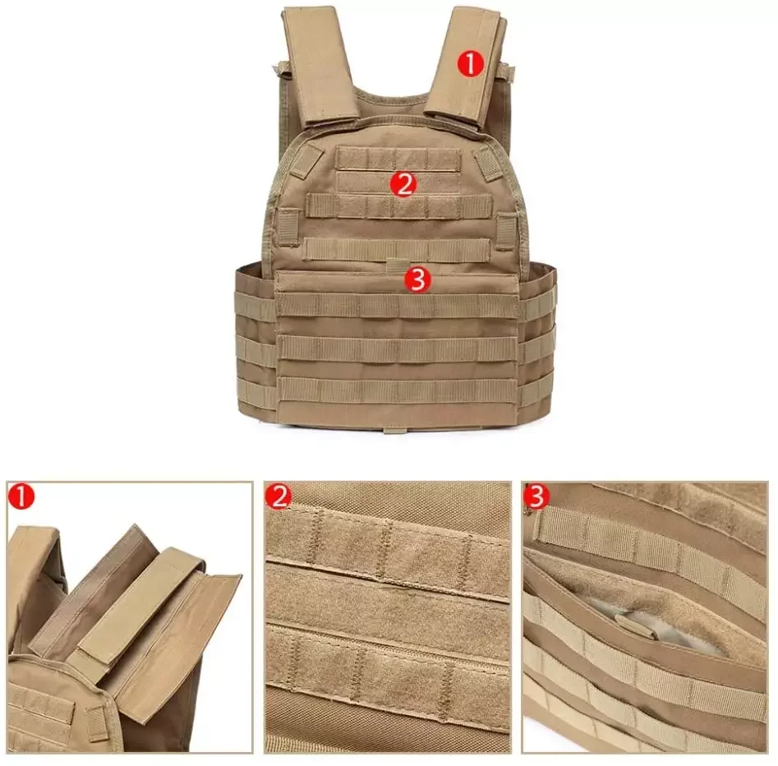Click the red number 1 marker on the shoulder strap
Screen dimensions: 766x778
point(470,64)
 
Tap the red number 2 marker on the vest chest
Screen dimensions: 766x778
point(403,184)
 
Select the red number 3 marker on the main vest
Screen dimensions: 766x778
point(417,280)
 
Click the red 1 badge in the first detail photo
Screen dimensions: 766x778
point(21,497)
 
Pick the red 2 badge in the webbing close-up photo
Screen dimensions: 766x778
point(279,496)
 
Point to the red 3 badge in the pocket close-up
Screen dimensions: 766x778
point(536,496)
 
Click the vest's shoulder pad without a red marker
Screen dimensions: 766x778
point(320,66)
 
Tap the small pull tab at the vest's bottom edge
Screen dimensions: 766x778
point(396,429)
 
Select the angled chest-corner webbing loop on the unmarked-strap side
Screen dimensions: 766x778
point(306,161)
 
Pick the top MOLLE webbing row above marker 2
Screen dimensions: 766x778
point(398,159)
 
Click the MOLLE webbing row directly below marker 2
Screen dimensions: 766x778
point(399,206)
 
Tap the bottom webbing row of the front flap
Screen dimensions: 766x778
point(398,390)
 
